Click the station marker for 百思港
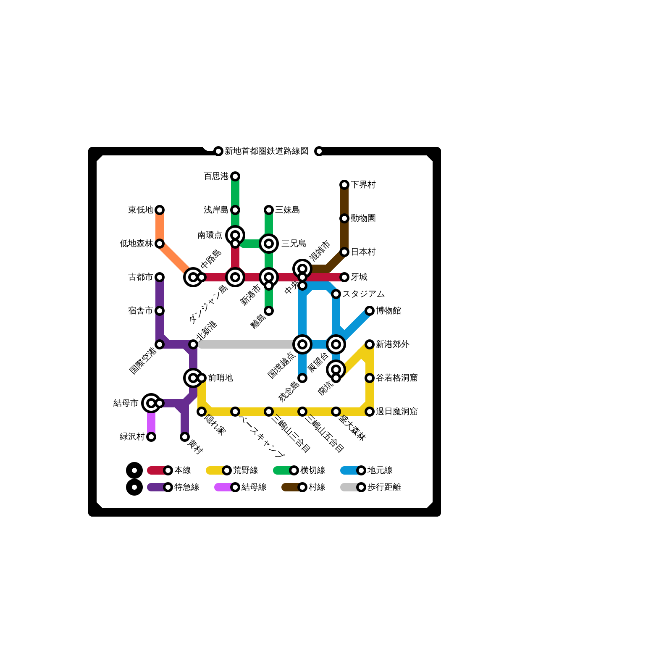point(235,176)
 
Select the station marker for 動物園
point(344,218)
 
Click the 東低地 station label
point(140,210)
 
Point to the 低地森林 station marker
point(160,244)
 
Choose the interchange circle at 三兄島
point(269,244)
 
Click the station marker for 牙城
point(344,277)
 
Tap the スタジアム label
point(363,294)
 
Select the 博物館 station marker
point(370,311)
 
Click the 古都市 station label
point(140,277)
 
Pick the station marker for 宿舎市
point(160,311)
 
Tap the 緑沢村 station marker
point(151,437)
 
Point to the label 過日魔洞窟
point(396,412)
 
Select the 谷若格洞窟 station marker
point(370,378)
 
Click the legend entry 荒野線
point(245,470)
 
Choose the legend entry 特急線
point(186,487)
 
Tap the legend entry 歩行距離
point(384,487)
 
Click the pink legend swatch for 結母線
point(223,487)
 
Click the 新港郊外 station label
point(392,344)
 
